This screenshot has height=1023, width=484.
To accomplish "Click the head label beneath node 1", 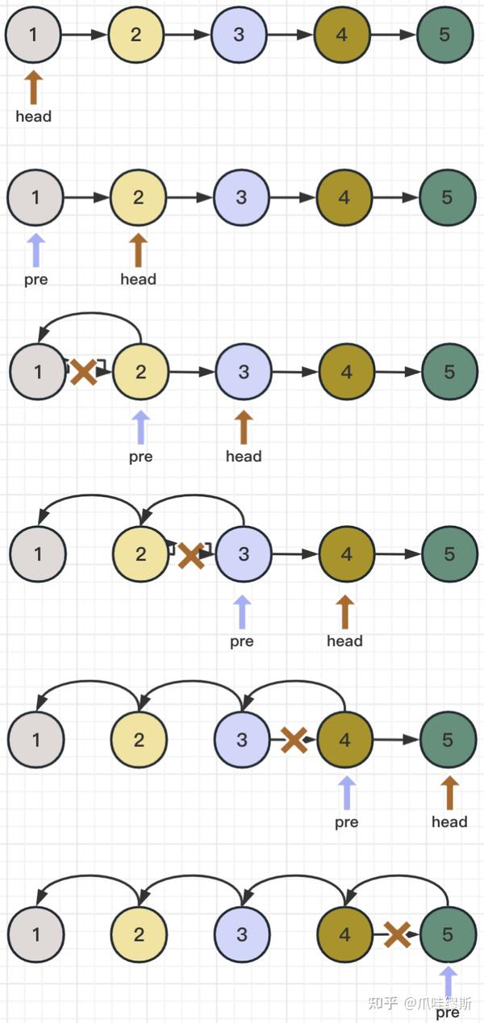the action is coord(33,116).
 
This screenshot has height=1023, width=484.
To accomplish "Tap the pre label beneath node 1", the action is coord(36,279).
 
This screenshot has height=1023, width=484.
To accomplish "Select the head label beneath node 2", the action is coord(139,279).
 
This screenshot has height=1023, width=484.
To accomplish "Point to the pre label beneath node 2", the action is coord(140,457).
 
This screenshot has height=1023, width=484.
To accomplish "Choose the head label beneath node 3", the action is coord(244,457).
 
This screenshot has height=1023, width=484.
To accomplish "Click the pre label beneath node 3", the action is coord(242,641).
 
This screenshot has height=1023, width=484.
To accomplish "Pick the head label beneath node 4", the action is coord(344,641).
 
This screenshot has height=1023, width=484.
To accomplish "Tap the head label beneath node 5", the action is coord(450,822).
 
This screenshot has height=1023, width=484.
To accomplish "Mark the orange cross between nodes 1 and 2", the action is coord(84,372).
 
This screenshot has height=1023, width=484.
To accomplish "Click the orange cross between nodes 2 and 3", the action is coord(191,556).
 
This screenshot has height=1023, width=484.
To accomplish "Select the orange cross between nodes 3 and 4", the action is coord(294,740).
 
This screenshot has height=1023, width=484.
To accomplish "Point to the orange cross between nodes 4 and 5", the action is coord(397,934).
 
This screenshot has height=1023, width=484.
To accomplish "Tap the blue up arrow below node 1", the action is coord(36,251).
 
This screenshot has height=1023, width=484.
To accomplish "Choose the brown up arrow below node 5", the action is coord(450,793).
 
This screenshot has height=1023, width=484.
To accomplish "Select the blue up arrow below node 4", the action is coord(347,793).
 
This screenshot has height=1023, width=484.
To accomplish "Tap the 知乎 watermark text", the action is coord(382,1003).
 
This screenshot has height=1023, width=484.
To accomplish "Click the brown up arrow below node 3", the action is coord(244,428).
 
